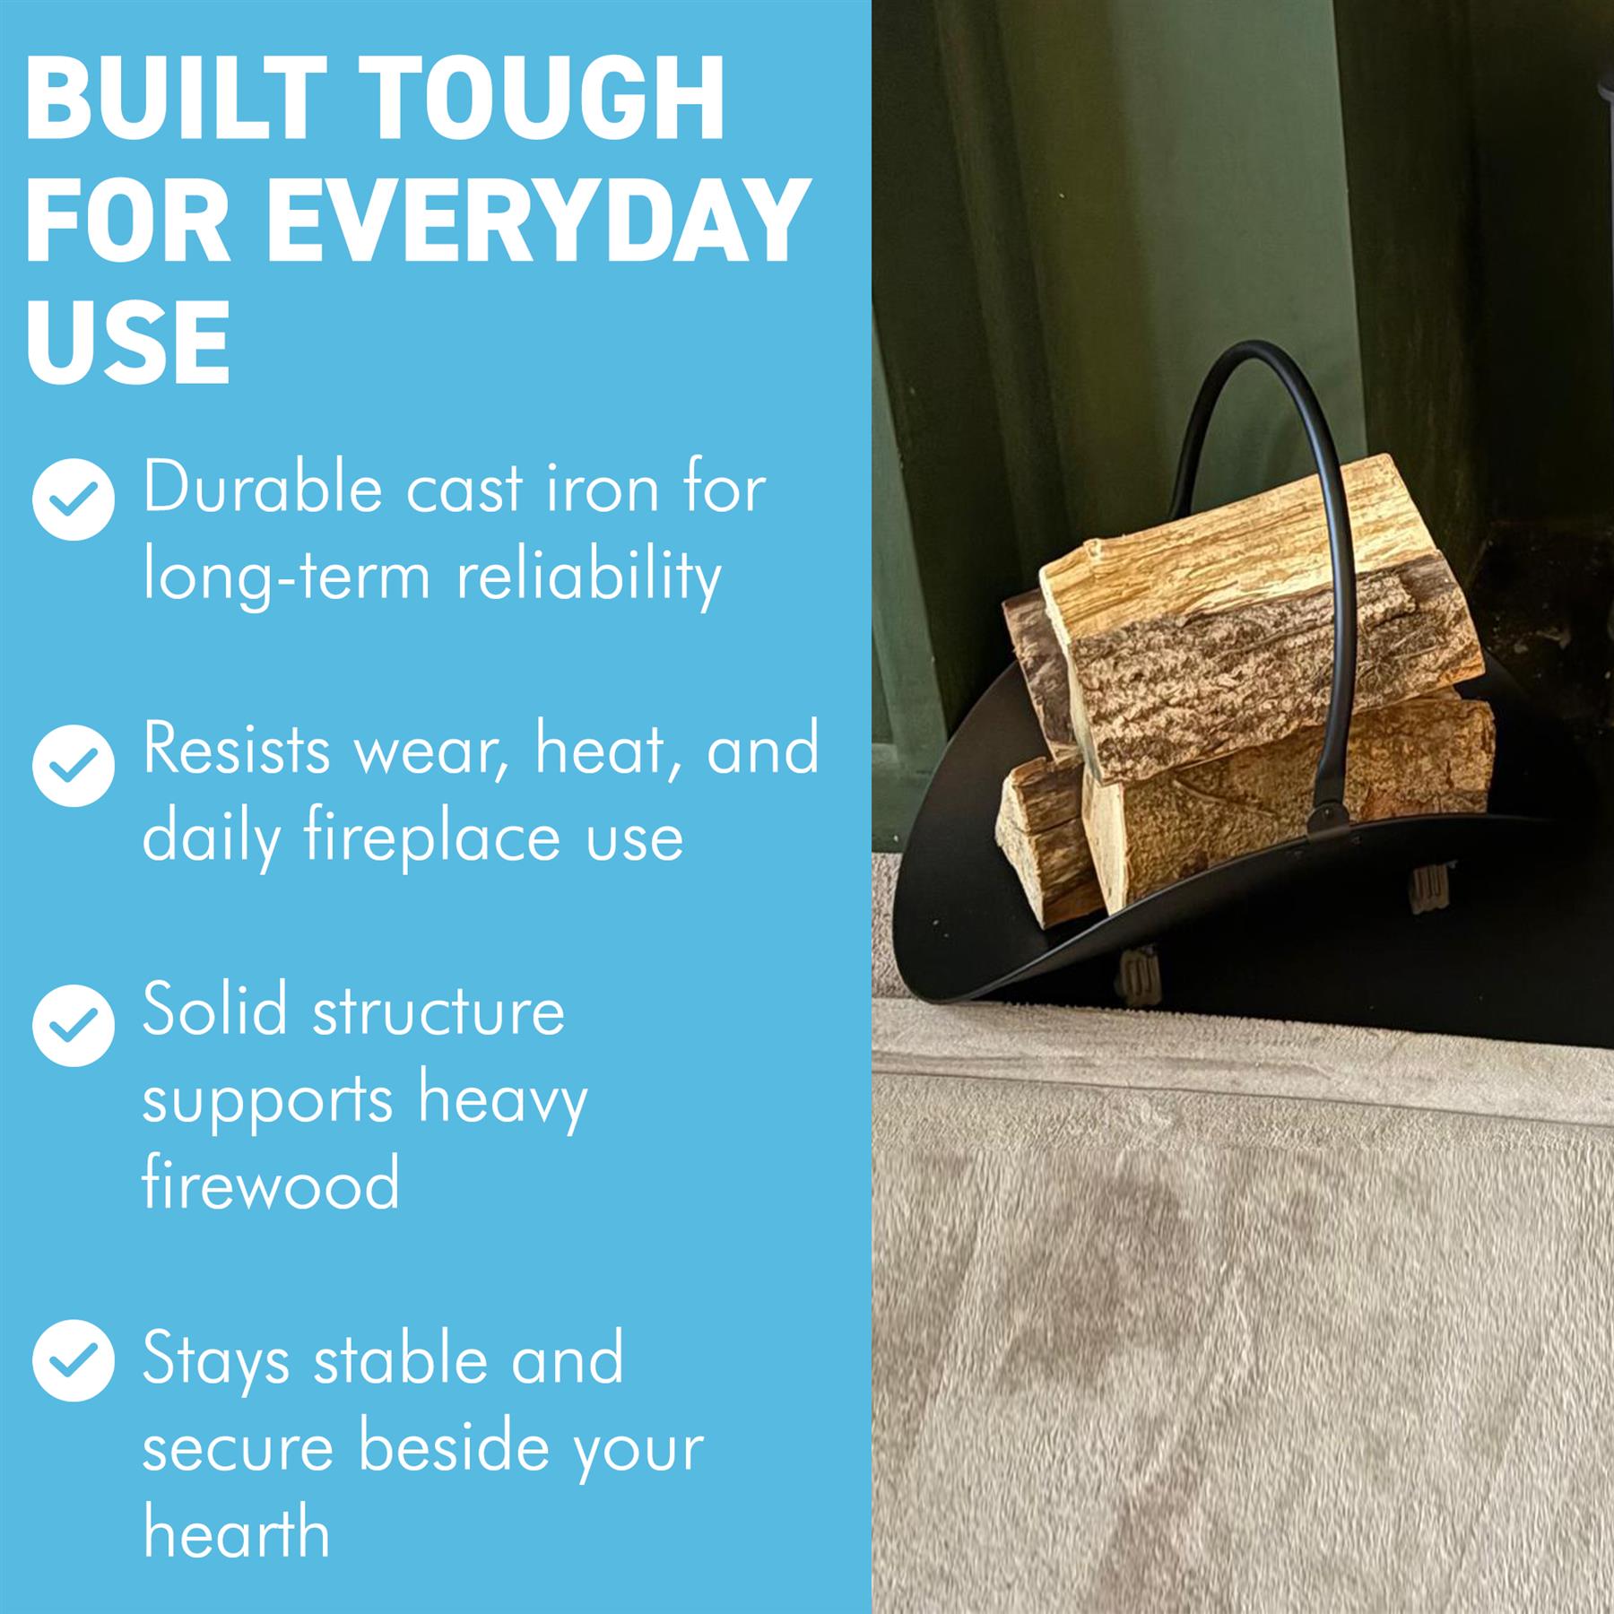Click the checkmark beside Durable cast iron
[x=74, y=499]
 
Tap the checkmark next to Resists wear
[x=74, y=765]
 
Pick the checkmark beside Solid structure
[x=74, y=1025]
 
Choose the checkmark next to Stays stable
[x=74, y=1360]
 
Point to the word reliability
[x=589, y=576]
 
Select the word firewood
[x=271, y=1184]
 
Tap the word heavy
[x=503, y=1099]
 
